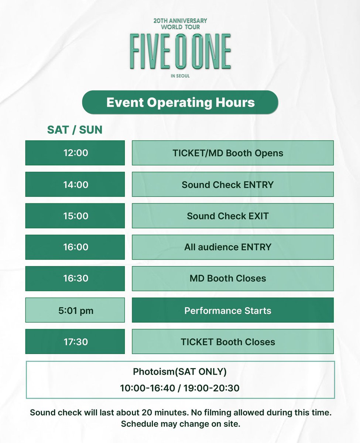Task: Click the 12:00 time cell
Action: point(75,153)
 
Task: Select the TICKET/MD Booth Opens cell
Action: point(233,153)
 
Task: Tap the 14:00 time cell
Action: point(75,184)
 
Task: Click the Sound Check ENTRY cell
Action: point(233,184)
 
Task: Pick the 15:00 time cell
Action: point(75,216)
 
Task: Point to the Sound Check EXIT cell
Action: point(233,216)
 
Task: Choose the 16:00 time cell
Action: point(75,247)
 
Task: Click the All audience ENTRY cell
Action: point(233,247)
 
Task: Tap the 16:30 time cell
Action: point(75,278)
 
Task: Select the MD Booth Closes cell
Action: point(233,278)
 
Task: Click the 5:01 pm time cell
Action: point(75,310)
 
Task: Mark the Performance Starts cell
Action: point(233,310)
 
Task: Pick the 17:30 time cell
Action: point(75,342)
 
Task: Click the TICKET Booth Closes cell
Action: point(233,342)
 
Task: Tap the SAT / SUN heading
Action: point(75,130)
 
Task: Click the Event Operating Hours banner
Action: point(180,102)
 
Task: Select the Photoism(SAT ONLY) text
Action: point(180,372)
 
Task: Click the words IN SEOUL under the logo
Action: point(180,76)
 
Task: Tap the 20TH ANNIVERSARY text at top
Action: point(180,20)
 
